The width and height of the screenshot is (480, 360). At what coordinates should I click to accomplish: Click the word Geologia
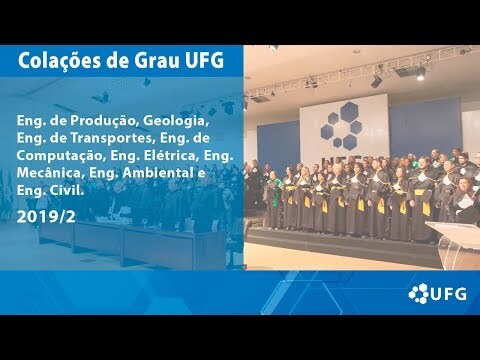pyautogui.click(x=176, y=121)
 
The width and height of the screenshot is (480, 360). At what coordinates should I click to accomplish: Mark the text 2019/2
pyautogui.click(x=46, y=217)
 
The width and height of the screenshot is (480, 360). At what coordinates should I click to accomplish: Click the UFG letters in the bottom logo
pyautogui.click(x=448, y=294)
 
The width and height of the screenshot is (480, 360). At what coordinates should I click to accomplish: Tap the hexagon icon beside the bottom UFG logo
pyautogui.click(x=418, y=293)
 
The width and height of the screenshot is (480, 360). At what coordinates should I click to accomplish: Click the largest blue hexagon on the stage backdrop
pyautogui.click(x=349, y=111)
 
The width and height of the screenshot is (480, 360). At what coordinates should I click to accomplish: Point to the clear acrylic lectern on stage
pyautogui.click(x=456, y=242)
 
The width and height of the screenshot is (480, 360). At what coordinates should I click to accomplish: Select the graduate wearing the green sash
pyautogui.click(x=274, y=197)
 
